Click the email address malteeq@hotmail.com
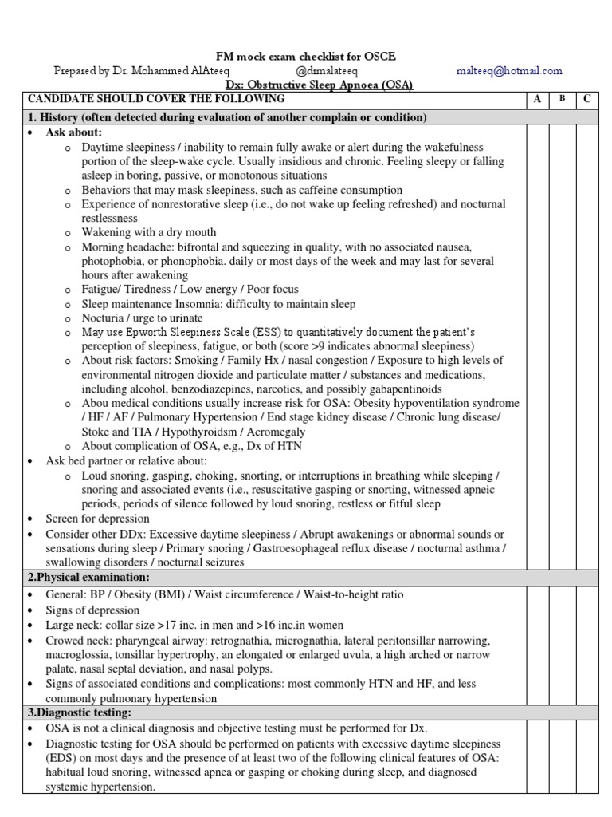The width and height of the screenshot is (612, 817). (x=509, y=71)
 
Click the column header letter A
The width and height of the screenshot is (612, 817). (x=537, y=99)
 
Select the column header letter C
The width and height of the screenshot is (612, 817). (x=587, y=99)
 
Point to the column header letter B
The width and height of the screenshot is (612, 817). (x=563, y=99)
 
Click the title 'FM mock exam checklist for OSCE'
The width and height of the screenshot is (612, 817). (x=306, y=57)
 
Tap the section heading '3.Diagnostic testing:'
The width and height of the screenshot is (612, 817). (x=80, y=712)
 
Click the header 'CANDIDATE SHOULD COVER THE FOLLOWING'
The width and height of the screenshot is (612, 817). (x=156, y=99)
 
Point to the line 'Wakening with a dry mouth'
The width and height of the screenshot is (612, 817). (x=149, y=232)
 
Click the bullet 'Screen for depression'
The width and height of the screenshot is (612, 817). (x=97, y=519)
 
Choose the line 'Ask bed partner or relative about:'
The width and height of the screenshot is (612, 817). (x=126, y=461)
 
